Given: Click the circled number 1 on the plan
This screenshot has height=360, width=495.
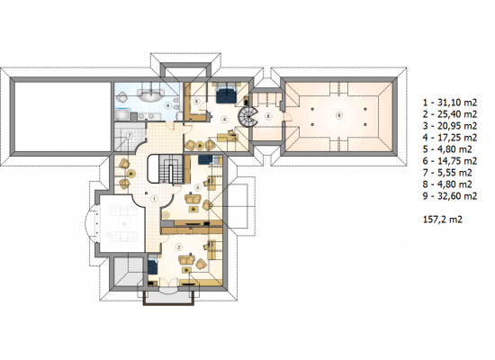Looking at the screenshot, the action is (x=154, y=199).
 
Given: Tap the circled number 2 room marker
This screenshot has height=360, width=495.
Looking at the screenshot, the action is (x=179, y=247).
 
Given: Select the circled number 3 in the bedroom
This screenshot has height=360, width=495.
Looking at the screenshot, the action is (x=198, y=187).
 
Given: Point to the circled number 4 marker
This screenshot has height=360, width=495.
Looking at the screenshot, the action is (x=224, y=120).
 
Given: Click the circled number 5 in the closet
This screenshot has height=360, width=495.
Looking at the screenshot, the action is (x=196, y=102).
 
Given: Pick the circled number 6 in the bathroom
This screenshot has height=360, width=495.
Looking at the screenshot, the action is (x=168, y=106).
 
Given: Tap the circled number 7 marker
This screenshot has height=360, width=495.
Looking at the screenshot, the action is (x=129, y=135).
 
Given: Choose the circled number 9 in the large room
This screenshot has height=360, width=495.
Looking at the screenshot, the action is (x=338, y=115).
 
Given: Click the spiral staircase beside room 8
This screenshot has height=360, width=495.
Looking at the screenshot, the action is (x=248, y=117).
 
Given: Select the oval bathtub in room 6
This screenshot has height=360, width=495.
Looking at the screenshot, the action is (x=150, y=95).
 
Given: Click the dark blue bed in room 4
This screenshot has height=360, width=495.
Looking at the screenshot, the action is (x=226, y=94).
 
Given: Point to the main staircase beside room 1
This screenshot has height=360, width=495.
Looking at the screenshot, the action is (x=166, y=168).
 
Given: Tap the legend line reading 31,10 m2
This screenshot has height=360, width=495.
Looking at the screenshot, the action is (x=450, y=103).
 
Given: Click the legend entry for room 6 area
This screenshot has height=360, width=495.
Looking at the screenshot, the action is (x=450, y=161).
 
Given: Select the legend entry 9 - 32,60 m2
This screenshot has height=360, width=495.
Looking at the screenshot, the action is (x=450, y=196).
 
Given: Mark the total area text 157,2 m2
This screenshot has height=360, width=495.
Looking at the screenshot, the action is (x=443, y=220).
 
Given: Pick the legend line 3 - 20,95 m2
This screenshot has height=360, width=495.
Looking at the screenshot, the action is (x=450, y=126).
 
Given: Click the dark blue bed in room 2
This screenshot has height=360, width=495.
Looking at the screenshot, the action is (x=153, y=265).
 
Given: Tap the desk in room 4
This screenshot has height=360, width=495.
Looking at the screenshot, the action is (x=228, y=138).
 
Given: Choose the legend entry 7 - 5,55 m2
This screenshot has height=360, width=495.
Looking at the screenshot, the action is (x=447, y=173).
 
